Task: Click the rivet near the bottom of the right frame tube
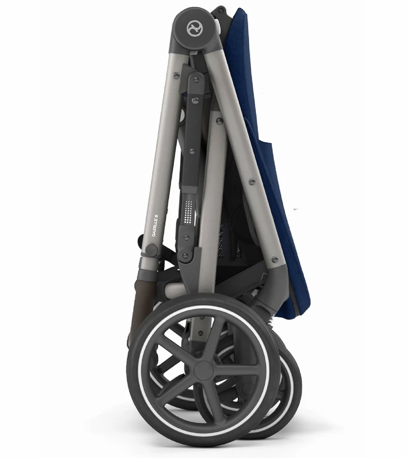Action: pyautogui.click(x=275, y=260)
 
